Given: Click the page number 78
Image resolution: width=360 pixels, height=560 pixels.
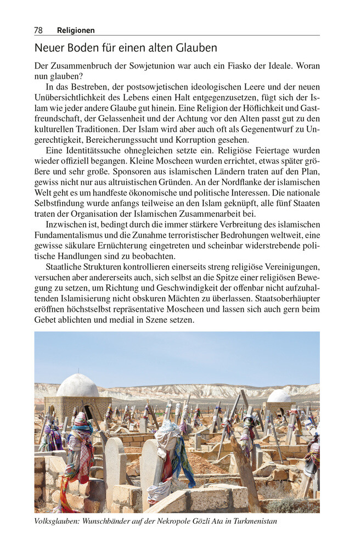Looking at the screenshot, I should pos(38,31).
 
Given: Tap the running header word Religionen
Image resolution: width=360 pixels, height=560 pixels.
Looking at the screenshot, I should pos(76,31).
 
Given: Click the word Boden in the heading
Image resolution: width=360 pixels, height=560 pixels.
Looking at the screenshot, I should pos(77,48).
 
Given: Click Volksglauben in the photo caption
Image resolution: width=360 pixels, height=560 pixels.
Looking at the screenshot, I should pos(57,521).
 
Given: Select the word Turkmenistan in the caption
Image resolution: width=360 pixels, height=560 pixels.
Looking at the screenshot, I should pos(254,521).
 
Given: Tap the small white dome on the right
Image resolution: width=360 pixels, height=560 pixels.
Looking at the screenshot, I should pos(279,395).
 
